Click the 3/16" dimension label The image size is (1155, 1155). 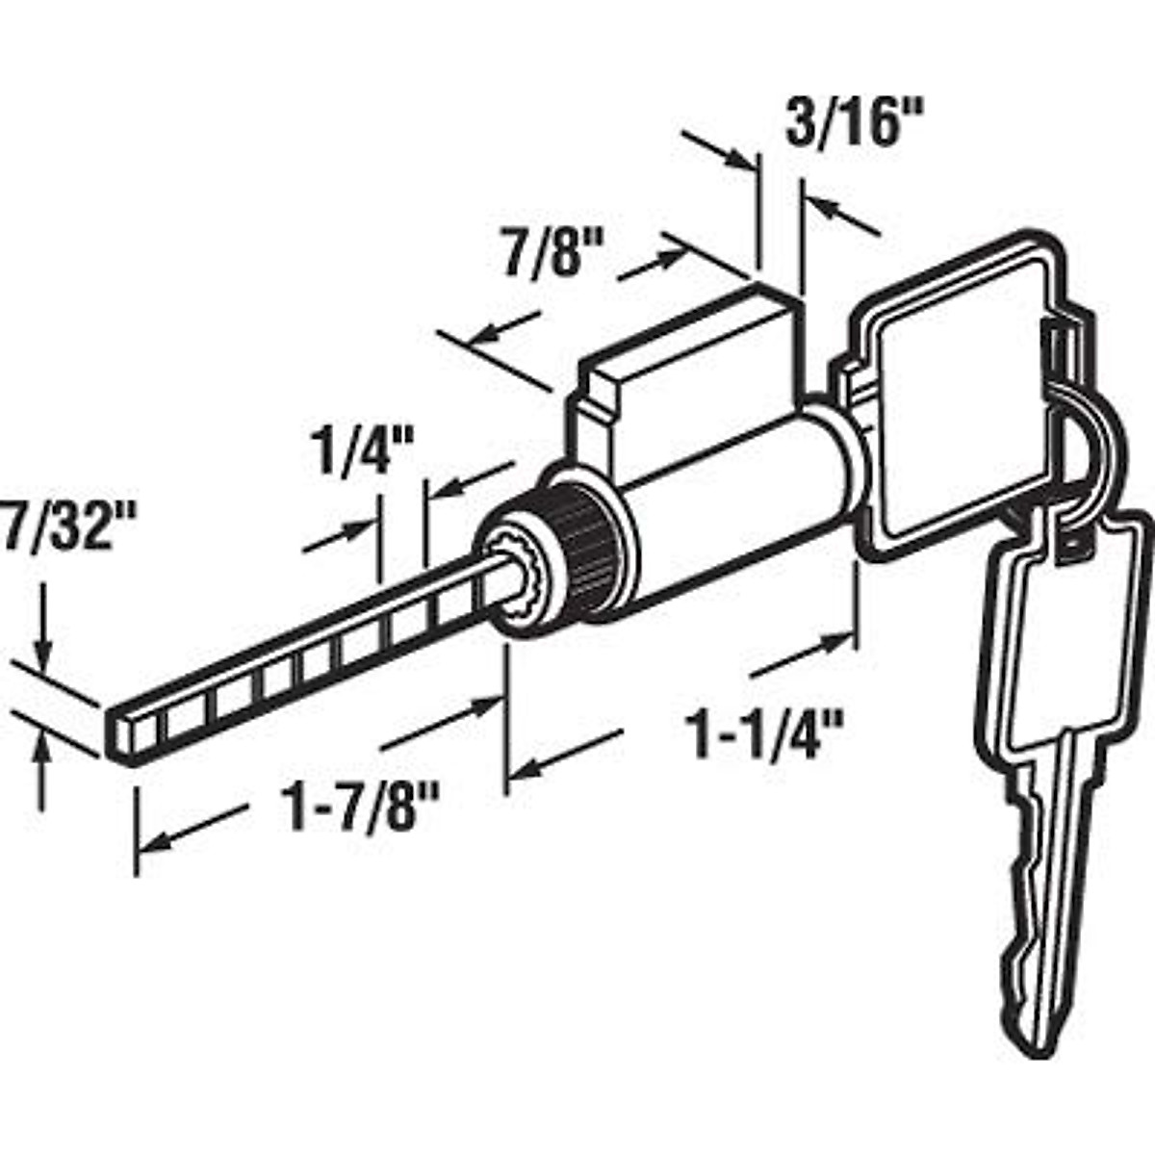click(840, 125)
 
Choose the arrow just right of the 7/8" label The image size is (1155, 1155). click(654, 265)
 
